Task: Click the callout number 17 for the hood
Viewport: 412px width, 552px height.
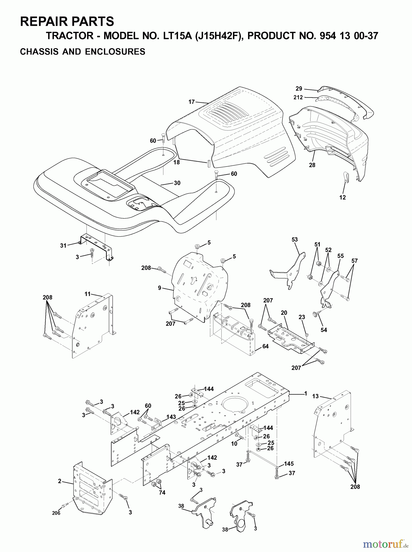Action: (x=192, y=102)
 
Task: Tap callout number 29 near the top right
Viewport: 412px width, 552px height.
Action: (x=299, y=89)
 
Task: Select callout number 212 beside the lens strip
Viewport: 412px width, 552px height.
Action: (x=298, y=98)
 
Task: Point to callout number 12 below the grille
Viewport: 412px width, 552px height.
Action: (x=342, y=197)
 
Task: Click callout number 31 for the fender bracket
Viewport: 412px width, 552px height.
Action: (x=63, y=246)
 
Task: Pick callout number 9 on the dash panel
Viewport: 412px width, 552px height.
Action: (x=159, y=288)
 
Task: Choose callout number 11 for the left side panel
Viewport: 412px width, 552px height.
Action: (x=88, y=294)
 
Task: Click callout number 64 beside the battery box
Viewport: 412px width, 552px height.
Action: (x=265, y=346)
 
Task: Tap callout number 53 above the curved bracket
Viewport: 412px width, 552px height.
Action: (x=295, y=240)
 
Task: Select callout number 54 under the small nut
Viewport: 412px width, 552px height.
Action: (x=324, y=330)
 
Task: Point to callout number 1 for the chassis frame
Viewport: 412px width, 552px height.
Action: (x=305, y=393)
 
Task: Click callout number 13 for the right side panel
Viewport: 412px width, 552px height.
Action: (x=315, y=396)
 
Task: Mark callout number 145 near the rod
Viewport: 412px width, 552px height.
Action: (x=289, y=464)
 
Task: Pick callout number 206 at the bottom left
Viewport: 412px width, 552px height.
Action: (x=56, y=513)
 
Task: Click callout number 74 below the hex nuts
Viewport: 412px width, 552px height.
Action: (x=162, y=493)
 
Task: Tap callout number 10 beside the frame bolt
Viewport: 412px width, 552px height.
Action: (x=234, y=444)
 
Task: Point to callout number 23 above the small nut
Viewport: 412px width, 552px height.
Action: (x=302, y=317)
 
